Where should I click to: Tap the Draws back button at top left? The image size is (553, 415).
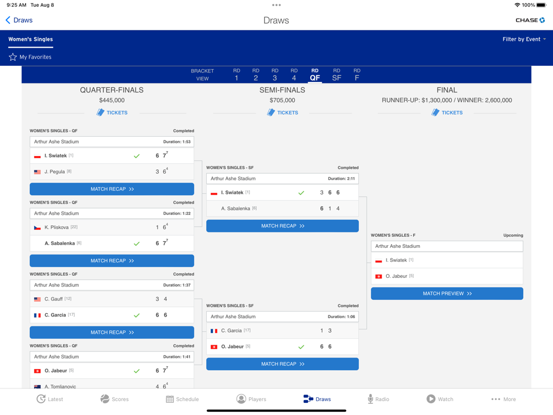(x=19, y=20)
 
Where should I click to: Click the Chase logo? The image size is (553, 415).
(x=530, y=20)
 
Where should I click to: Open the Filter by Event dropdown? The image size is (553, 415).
(x=524, y=39)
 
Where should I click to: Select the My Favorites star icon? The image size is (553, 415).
(x=13, y=57)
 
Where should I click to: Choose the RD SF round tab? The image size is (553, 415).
(x=336, y=75)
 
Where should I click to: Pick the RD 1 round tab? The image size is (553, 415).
(x=237, y=75)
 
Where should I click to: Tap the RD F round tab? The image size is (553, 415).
(x=357, y=75)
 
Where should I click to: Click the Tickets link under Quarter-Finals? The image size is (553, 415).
(x=112, y=113)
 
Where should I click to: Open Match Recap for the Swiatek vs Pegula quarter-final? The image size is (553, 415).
(x=112, y=189)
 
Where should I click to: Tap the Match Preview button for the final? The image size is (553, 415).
(x=447, y=294)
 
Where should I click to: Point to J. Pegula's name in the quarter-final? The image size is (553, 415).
(x=55, y=172)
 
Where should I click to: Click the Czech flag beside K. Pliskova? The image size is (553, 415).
(x=38, y=227)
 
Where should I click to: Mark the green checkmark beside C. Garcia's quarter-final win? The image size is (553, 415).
(x=137, y=315)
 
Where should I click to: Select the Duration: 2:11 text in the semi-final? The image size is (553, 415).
(x=341, y=179)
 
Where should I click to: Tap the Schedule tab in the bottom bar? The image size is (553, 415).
(x=182, y=399)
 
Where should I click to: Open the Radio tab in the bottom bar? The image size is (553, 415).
(x=378, y=399)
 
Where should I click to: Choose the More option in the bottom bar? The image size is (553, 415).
(x=503, y=399)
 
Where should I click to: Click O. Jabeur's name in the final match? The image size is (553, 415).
(x=397, y=276)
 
